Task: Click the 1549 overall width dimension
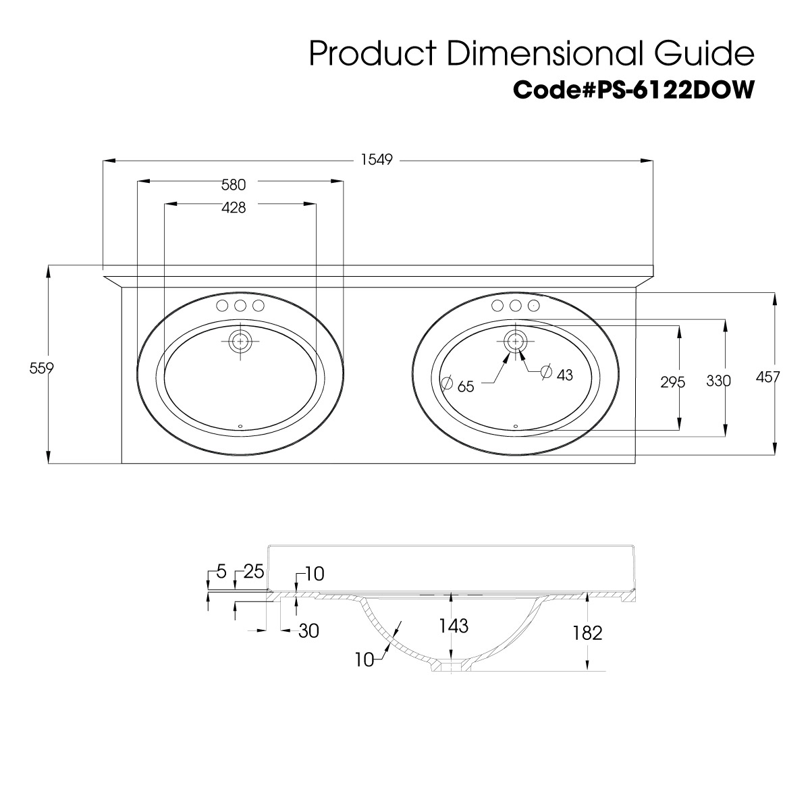[x=377, y=160]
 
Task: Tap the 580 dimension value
[x=234, y=184]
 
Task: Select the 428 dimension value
[x=234, y=207]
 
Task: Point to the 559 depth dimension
[x=42, y=369]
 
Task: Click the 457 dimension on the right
[x=767, y=377]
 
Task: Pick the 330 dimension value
[x=718, y=381]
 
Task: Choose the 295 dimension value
[x=672, y=382]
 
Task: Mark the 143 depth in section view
[x=454, y=626]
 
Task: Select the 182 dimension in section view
[x=587, y=632]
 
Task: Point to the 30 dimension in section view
[x=308, y=631]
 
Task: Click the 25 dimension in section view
[x=254, y=572]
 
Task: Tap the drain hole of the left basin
[x=240, y=342]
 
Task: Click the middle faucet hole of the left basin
[x=240, y=306]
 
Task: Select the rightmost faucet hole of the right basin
[x=533, y=306]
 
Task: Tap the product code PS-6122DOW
[x=676, y=90]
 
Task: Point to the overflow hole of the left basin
[x=240, y=426]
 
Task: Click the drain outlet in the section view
[x=452, y=666]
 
